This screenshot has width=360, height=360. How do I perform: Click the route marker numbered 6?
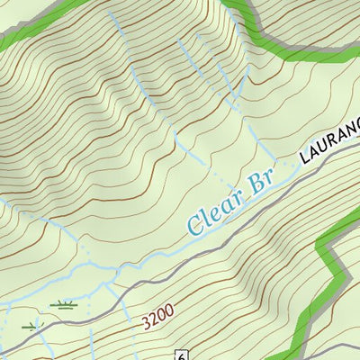click(182, 354)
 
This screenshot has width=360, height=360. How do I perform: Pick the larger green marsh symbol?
click(63, 304)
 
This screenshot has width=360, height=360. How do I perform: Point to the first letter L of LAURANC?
click(303, 161)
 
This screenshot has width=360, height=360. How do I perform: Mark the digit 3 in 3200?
click(145, 321)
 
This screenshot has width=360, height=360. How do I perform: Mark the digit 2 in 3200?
click(152, 318)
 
